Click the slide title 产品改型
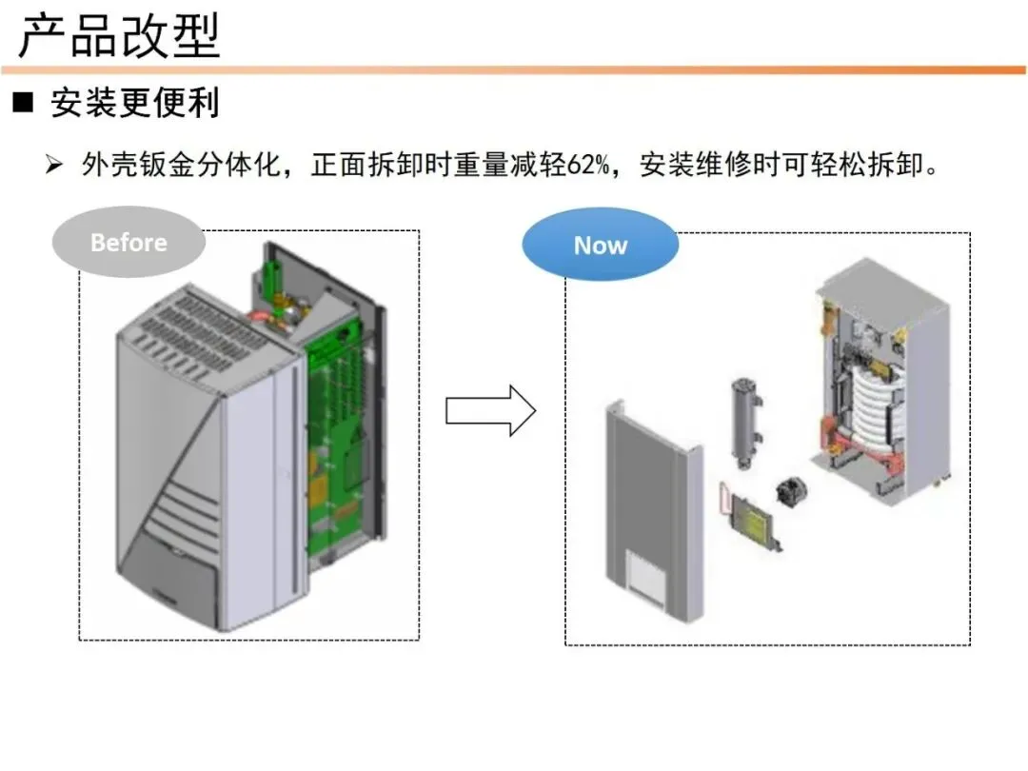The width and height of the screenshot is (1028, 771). pyautogui.click(x=119, y=35)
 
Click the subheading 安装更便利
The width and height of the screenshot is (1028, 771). pyautogui.click(x=135, y=103)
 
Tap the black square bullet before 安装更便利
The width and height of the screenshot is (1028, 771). pyautogui.click(x=23, y=102)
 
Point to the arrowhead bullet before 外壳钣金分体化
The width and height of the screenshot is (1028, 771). pyautogui.click(x=53, y=164)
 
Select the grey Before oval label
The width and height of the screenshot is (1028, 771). pyautogui.click(x=128, y=242)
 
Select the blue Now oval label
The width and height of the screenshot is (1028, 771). pyautogui.click(x=600, y=245)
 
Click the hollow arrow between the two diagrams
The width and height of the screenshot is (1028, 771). pyautogui.click(x=490, y=411)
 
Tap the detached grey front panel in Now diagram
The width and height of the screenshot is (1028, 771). pyautogui.click(x=654, y=510)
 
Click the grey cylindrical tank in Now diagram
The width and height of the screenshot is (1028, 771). pyautogui.click(x=746, y=423)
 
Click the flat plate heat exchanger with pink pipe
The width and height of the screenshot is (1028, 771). pyautogui.click(x=751, y=515)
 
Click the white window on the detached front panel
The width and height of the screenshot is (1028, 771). pyautogui.click(x=645, y=576)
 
